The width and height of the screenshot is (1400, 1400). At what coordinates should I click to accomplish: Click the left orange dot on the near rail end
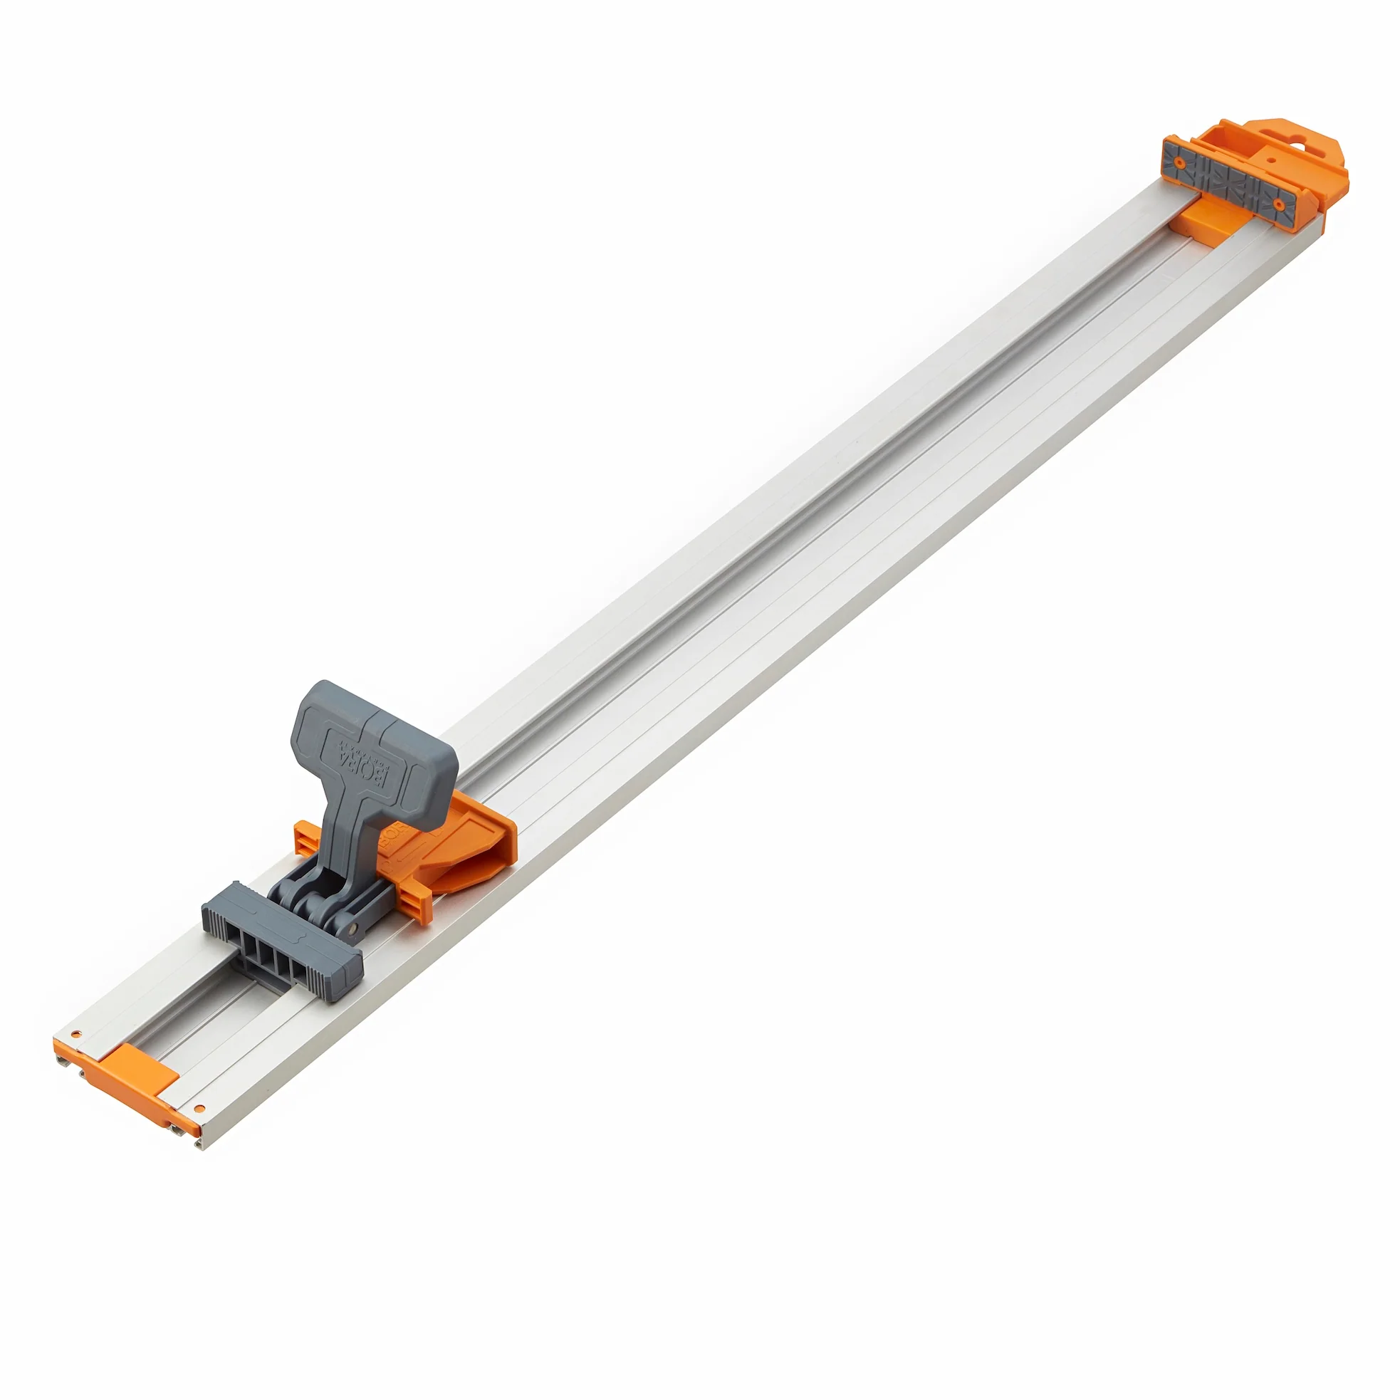pyautogui.click(x=78, y=1035)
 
